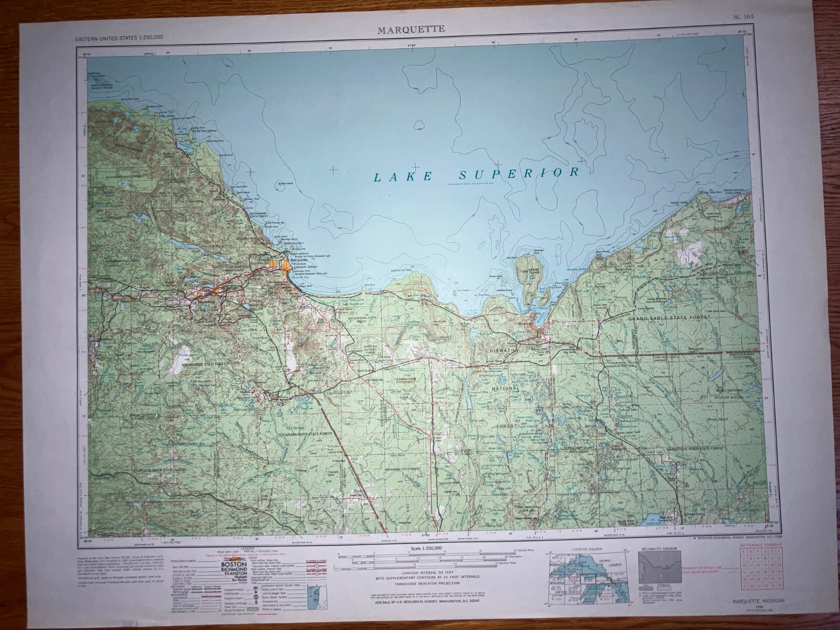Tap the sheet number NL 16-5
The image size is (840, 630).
tap(745, 17)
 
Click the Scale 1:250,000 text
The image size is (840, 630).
tap(424, 548)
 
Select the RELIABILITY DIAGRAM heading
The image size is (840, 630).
tap(659, 549)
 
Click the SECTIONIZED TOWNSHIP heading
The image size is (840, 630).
tap(759, 546)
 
